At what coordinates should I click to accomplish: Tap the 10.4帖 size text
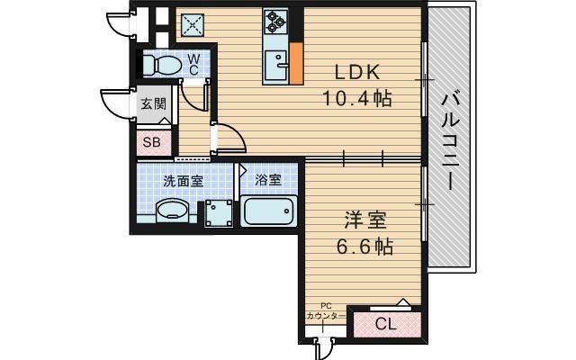click(x=358, y=99)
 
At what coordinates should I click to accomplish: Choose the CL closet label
click(x=384, y=324)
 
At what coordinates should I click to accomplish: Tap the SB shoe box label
click(x=151, y=141)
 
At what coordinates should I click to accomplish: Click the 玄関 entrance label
click(x=153, y=103)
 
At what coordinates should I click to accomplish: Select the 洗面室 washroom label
click(x=183, y=180)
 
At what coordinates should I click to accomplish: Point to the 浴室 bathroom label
click(x=267, y=180)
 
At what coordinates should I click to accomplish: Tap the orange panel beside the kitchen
click(x=295, y=64)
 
